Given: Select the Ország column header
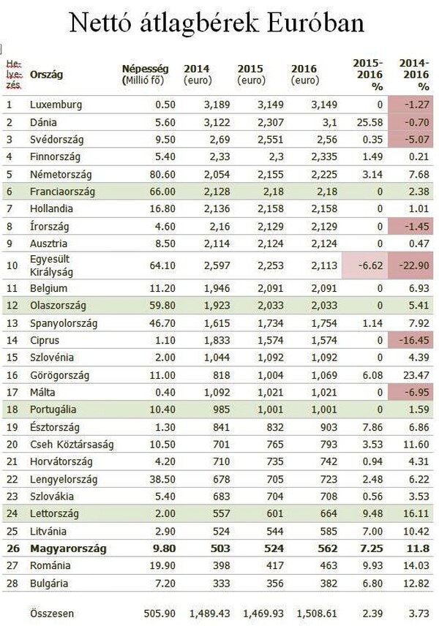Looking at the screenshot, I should click(x=47, y=75).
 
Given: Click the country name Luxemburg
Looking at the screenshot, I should click(x=56, y=105).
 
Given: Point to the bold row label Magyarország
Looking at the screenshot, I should click(x=68, y=548).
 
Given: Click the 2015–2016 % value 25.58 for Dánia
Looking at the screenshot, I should click(x=366, y=123).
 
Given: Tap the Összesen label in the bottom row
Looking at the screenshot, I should click(x=52, y=613).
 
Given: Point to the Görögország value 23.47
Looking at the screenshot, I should click(x=415, y=375).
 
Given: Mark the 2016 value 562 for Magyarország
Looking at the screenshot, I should click(x=308, y=548).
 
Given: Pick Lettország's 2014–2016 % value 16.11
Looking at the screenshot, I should click(x=415, y=513).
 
